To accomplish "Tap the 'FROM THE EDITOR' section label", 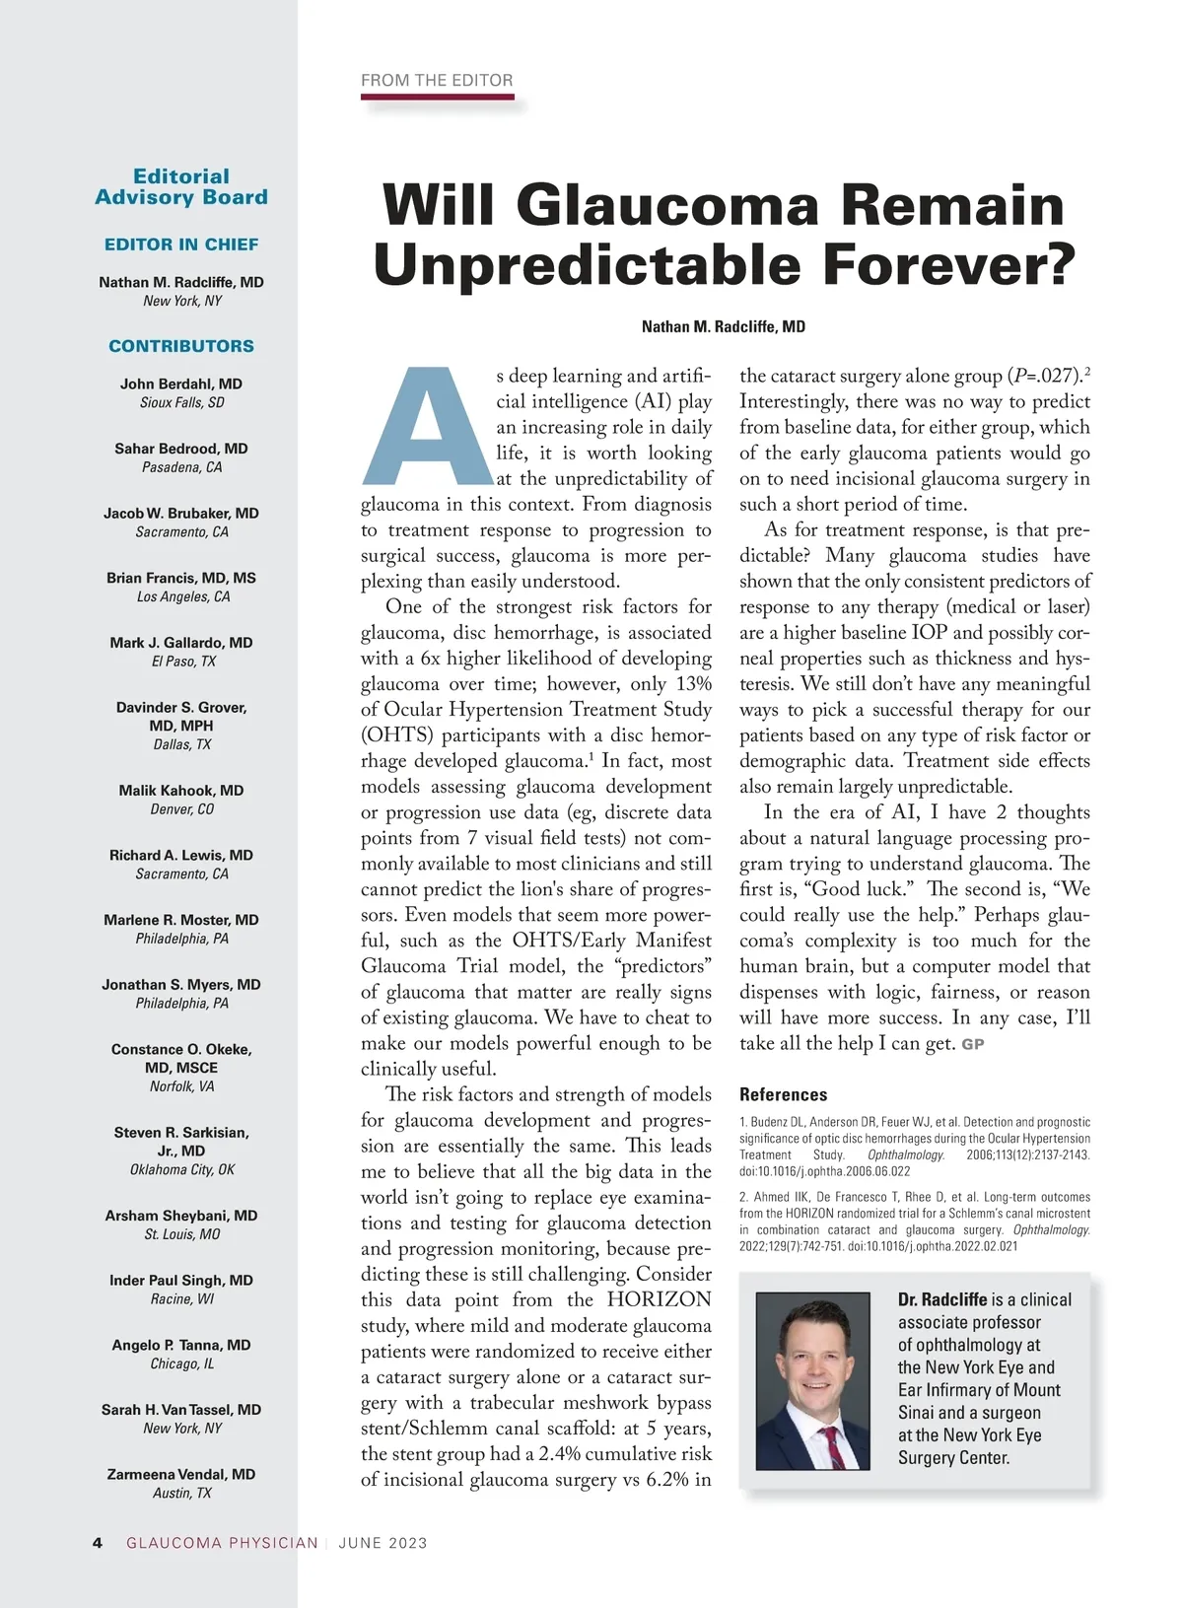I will tap(437, 81).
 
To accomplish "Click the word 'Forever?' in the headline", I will tap(947, 264).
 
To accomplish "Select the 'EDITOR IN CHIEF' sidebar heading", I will tap(181, 245).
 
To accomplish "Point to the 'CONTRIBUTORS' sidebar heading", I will tap(181, 346).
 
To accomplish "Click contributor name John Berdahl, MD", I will tap(181, 384).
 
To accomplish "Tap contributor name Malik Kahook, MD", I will tap(181, 791).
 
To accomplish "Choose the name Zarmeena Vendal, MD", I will tap(181, 1474).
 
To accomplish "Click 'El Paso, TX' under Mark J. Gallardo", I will tap(181, 662).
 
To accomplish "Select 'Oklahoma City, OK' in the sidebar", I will tap(182, 1169).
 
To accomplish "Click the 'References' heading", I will tap(784, 1094).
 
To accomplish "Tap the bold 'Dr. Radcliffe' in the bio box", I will tap(942, 1299).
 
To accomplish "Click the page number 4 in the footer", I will tap(98, 1543).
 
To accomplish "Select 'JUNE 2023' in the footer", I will tap(383, 1543).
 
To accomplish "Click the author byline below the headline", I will tap(724, 327).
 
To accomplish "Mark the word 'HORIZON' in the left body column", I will tap(659, 1299).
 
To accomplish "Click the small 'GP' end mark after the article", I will tap(973, 1044).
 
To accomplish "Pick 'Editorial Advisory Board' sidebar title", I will tap(181, 186).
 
